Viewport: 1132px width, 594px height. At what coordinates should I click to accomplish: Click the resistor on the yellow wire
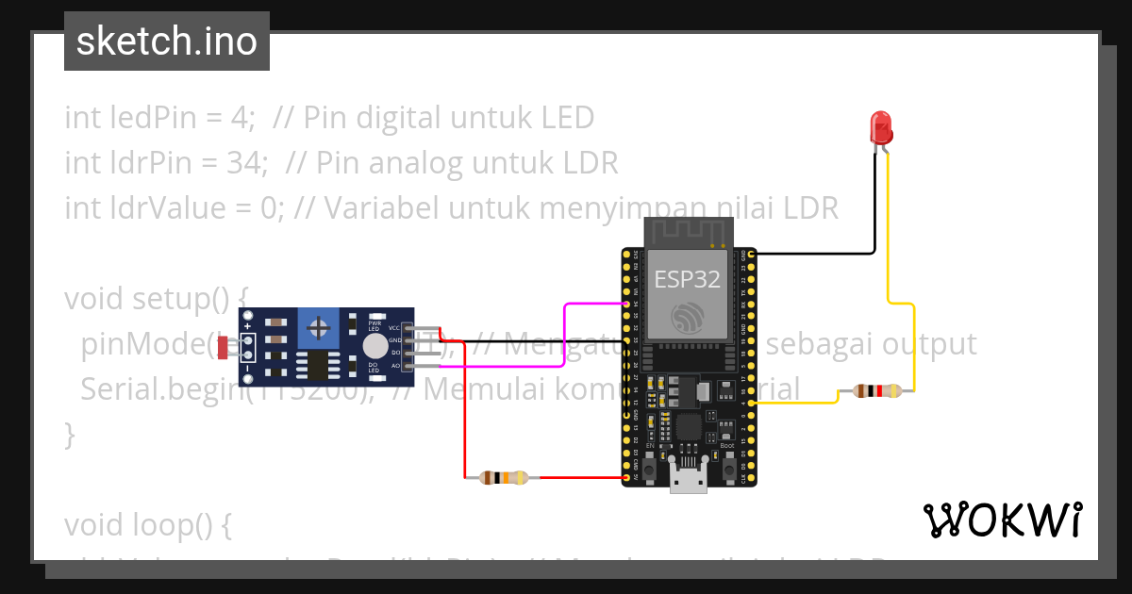[877, 390]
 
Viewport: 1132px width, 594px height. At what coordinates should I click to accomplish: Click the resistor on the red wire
[504, 477]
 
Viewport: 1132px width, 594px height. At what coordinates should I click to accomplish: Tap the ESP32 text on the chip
[688, 279]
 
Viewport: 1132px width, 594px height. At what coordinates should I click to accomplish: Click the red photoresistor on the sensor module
[224, 347]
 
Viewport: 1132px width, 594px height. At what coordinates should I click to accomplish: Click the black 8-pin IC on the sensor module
[312, 366]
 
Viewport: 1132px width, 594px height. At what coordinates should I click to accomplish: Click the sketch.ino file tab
[167, 41]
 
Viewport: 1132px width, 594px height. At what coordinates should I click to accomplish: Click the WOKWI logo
[1002, 520]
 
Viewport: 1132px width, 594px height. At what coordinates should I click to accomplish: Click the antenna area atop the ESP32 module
[688, 231]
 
